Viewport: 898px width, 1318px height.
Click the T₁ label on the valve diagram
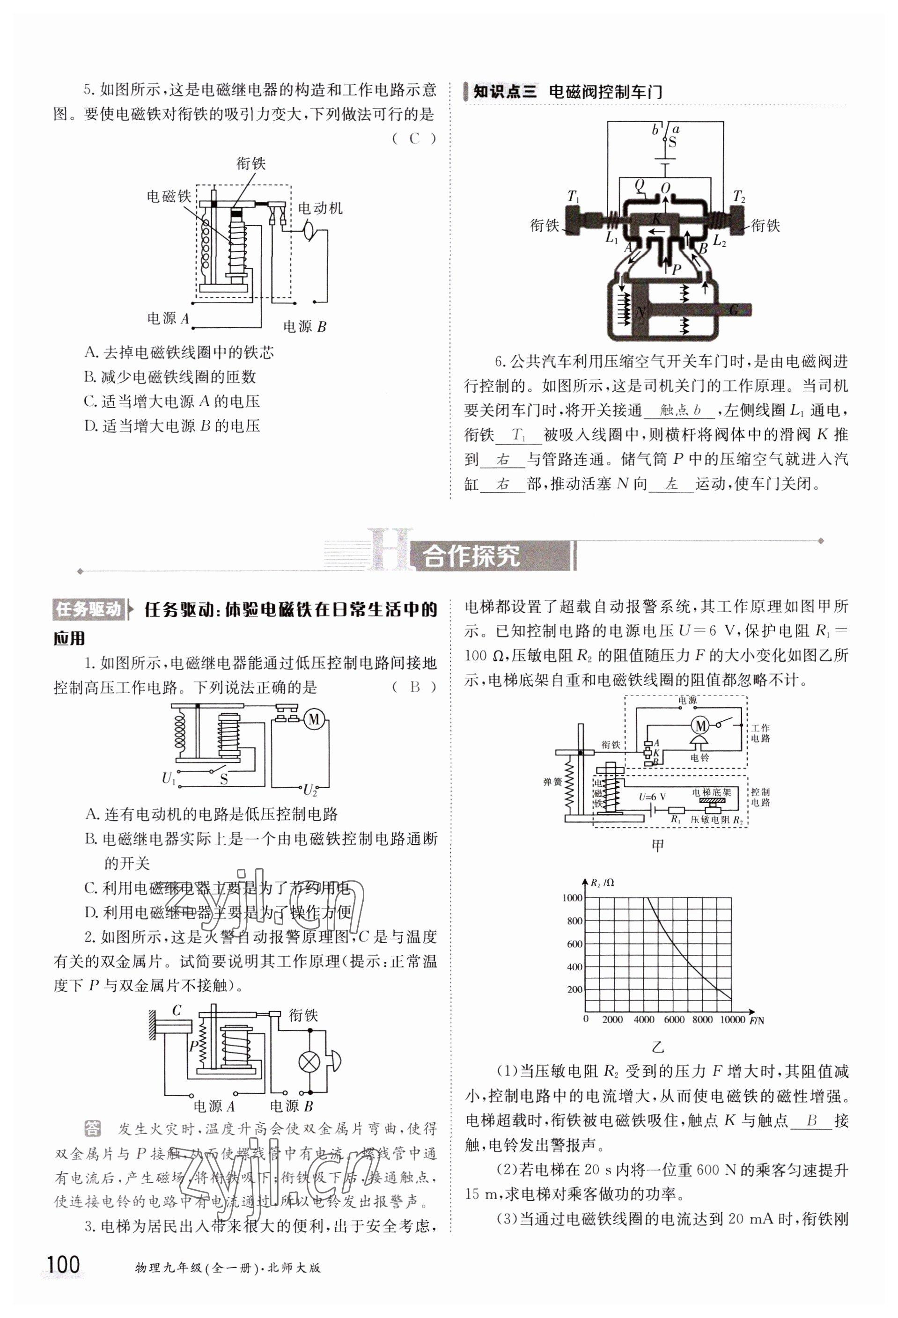[573, 197]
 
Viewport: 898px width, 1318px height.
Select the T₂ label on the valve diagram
[739, 197]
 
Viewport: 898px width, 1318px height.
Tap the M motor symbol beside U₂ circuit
[313, 719]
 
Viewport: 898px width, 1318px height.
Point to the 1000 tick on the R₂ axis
[572, 898]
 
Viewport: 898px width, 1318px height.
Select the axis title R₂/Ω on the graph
[603, 882]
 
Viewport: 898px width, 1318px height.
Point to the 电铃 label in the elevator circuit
[699, 757]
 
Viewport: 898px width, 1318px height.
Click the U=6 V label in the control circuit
[652, 797]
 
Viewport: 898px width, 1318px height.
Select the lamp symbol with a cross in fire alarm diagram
[309, 1062]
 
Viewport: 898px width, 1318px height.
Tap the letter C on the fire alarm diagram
[177, 1010]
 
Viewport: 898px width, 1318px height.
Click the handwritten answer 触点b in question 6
[680, 410]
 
